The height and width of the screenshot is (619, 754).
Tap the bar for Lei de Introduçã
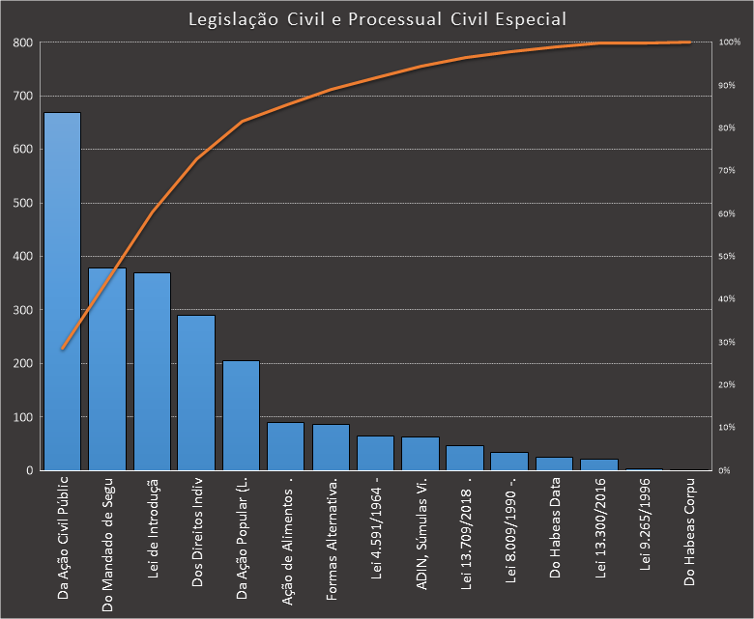(152, 372)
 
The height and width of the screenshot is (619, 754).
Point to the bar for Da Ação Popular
(241, 415)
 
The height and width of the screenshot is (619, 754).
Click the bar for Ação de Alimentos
(285, 446)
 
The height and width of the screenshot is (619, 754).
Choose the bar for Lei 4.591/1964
(375, 453)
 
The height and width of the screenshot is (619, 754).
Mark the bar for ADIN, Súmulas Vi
(420, 454)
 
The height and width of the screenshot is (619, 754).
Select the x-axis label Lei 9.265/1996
(645, 531)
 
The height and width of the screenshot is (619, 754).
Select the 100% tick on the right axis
(729, 42)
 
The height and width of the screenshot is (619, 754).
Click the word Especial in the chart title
(531, 18)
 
